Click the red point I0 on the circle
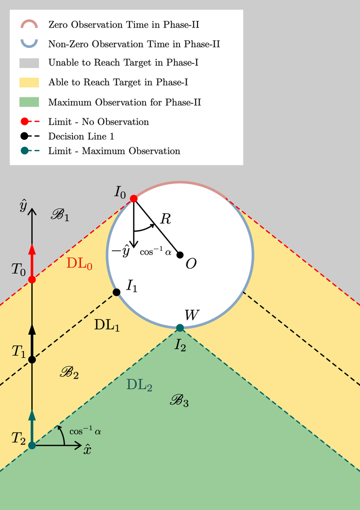pyautogui.click(x=133, y=198)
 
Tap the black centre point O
pyautogui.click(x=180, y=255)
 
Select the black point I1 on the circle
pyautogui.click(x=116, y=292)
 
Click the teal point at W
pyautogui.click(x=180, y=328)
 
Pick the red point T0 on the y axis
pyautogui.click(x=32, y=279)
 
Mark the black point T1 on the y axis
pyautogui.click(x=32, y=360)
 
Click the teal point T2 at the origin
pyautogui.click(x=32, y=445)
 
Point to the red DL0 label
pyautogui.click(x=79, y=264)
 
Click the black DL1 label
pyautogui.click(x=107, y=325)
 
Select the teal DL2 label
pyautogui.click(x=139, y=385)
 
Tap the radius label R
pyautogui.click(x=165, y=219)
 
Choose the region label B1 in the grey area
pyautogui.click(x=60, y=215)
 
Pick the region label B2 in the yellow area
pyautogui.click(x=69, y=373)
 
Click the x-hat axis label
pyautogui.click(x=87, y=449)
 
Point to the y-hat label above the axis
pyautogui.click(x=23, y=206)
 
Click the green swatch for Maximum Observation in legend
pyautogui.click(x=29, y=102)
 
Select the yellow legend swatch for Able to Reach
pyautogui.click(x=29, y=82)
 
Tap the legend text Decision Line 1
pyautogui.click(x=81, y=136)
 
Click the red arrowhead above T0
pyautogui.click(x=32, y=249)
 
